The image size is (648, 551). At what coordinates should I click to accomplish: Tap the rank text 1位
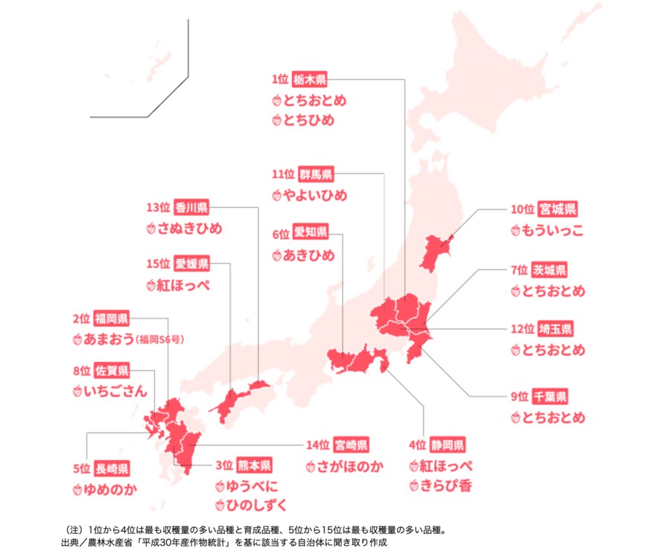click(280, 78)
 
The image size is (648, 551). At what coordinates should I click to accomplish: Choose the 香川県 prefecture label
click(191, 207)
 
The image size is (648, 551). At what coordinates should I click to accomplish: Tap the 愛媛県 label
click(191, 264)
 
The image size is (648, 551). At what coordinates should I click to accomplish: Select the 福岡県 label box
click(112, 319)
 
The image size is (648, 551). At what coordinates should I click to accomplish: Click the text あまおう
click(109, 340)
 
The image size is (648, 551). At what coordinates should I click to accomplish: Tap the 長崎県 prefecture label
click(112, 468)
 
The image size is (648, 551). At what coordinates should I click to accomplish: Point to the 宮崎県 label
click(351, 446)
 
